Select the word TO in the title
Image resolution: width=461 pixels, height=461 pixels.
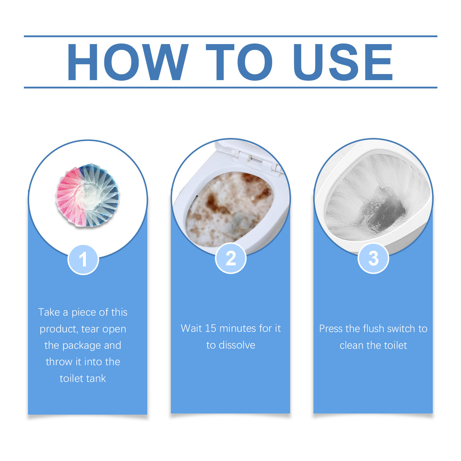(239, 62)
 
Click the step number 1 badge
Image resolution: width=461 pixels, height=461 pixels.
(83, 260)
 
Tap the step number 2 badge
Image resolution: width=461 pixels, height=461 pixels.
(230, 258)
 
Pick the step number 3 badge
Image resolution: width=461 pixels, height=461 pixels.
(373, 258)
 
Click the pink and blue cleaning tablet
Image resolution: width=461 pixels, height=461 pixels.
(87, 195)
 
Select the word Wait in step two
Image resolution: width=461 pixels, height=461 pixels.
(191, 328)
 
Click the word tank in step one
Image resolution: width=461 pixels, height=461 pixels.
(95, 378)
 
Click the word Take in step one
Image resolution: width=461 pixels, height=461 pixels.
(49, 312)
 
